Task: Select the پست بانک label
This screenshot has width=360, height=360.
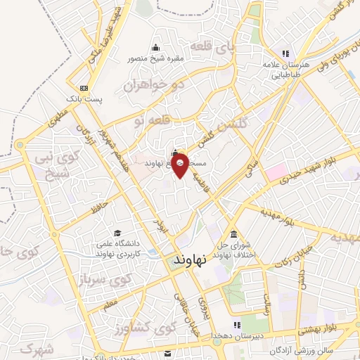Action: pos(86,99)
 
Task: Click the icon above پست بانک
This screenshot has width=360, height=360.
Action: pos(84,88)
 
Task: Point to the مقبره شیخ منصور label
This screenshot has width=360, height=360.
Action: pos(154,58)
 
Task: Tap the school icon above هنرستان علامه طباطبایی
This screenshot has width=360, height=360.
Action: pos(285,53)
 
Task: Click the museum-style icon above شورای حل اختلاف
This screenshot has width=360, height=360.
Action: pos(233,234)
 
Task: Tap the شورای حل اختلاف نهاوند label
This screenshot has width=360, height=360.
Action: pos(233,250)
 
